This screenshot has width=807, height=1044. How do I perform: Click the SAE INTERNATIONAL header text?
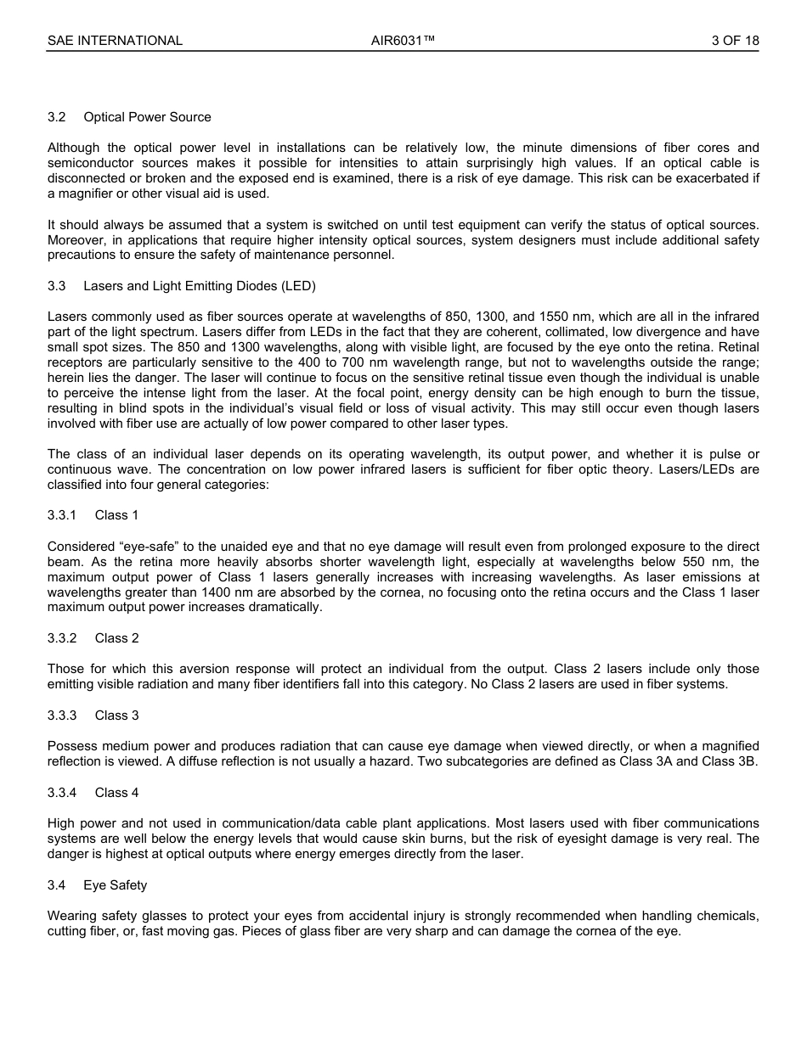pos(115,41)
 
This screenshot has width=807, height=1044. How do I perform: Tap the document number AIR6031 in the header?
pos(403,41)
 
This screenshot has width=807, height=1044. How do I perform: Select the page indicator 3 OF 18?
pos(735,41)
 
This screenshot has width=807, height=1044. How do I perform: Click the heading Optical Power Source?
pos(147,117)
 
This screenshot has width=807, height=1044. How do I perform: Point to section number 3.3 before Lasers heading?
pos(57,286)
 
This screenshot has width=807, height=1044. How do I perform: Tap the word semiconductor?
pos(90,163)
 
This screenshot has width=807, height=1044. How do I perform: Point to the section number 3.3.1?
pos(62,515)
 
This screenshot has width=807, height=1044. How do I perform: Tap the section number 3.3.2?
pos(62,638)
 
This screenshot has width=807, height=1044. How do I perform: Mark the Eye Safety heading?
pos(115,885)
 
